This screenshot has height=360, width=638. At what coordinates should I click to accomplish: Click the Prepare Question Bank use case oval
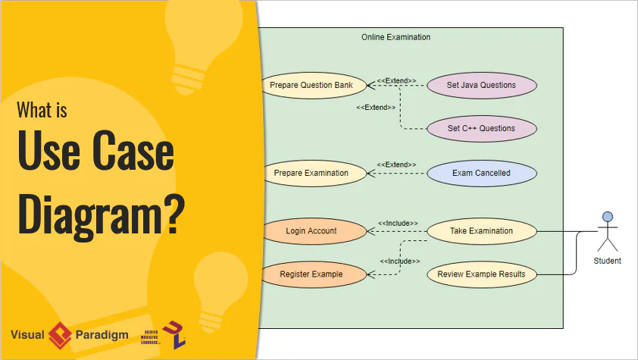pos(311,85)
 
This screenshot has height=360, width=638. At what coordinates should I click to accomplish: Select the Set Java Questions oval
pos(481,85)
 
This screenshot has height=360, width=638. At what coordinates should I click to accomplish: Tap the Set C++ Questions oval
pos(481,128)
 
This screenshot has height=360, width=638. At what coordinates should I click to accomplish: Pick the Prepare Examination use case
pos(311,173)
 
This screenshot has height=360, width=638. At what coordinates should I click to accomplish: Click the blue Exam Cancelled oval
pos(481,173)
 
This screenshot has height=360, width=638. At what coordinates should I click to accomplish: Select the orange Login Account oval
pos(311,230)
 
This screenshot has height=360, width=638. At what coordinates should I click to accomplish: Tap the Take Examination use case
pos(481,230)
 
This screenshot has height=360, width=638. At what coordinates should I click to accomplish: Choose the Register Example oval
pos(311,274)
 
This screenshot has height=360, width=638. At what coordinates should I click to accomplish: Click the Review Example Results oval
pos(481,274)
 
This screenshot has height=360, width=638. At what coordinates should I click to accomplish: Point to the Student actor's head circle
pos(607,217)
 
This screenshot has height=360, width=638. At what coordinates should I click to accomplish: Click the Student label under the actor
pos(607,261)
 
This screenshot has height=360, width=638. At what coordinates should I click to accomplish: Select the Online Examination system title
pos(396,36)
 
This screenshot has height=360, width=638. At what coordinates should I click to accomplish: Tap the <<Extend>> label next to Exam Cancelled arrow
pos(396,164)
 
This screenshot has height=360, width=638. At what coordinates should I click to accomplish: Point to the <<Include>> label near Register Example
pos(400,261)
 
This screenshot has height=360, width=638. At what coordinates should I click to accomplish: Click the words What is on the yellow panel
pos(42,111)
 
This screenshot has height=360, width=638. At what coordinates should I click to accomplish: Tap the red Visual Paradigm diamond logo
pos(60,334)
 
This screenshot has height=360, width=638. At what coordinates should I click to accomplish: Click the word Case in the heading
pos(136,155)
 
